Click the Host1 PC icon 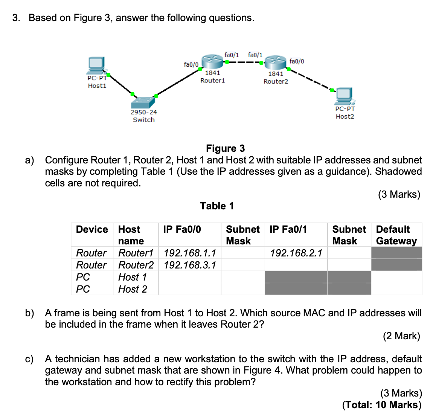pyautogui.click(x=96, y=66)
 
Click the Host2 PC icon pyautogui.click(x=345, y=96)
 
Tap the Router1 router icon pyautogui.click(x=212, y=61)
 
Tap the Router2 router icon pyautogui.click(x=276, y=62)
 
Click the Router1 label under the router pyautogui.click(x=212, y=81)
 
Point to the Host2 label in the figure pyautogui.click(x=345, y=117)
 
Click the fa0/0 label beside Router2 pyautogui.click(x=297, y=61)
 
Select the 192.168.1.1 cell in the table pyautogui.click(x=190, y=253)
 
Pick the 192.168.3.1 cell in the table pyautogui.click(x=190, y=265)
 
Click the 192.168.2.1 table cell pyautogui.click(x=296, y=253)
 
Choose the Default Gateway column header pyautogui.click(x=396, y=235)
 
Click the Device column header pyautogui.click(x=92, y=229)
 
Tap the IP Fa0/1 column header pyautogui.click(x=288, y=229)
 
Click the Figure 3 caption pyautogui.click(x=225, y=148)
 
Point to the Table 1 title pyautogui.click(x=217, y=206)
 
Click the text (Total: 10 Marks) pyautogui.click(x=382, y=405)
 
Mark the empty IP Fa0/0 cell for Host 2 pyautogui.click(x=189, y=289)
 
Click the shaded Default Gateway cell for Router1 pyautogui.click(x=396, y=253)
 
